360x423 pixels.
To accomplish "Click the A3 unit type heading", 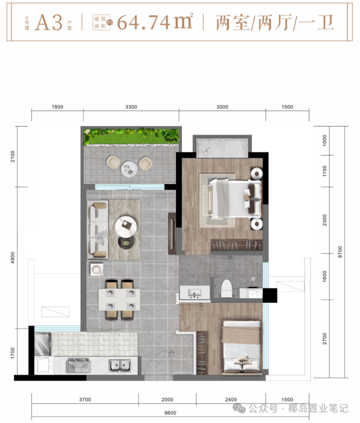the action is (x=49, y=22).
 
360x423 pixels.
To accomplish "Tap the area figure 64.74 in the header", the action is (x=144, y=22).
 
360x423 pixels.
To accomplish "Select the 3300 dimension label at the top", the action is (x=131, y=107).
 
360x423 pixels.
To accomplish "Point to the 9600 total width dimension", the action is (x=170, y=413).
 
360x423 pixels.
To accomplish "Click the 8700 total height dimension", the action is (x=340, y=252).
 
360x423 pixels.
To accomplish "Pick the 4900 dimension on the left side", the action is (x=13, y=257).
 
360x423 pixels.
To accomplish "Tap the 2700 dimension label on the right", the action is (x=324, y=339).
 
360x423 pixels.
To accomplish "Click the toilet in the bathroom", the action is (x=227, y=288).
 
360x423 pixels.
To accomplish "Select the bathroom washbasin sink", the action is (x=195, y=293).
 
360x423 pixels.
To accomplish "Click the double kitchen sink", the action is (x=120, y=366).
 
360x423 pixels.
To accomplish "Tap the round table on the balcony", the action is (x=129, y=169).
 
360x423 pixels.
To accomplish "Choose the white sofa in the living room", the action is (x=98, y=230).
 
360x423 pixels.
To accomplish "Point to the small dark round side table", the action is (x=126, y=243).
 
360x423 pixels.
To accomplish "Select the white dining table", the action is (x=119, y=299).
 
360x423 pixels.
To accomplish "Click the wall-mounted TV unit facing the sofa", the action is (x=172, y=234).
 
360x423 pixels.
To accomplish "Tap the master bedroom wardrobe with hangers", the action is (x=236, y=245).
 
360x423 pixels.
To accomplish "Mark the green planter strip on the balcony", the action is (x=131, y=136).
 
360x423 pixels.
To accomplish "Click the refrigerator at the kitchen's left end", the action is (x=43, y=344).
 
